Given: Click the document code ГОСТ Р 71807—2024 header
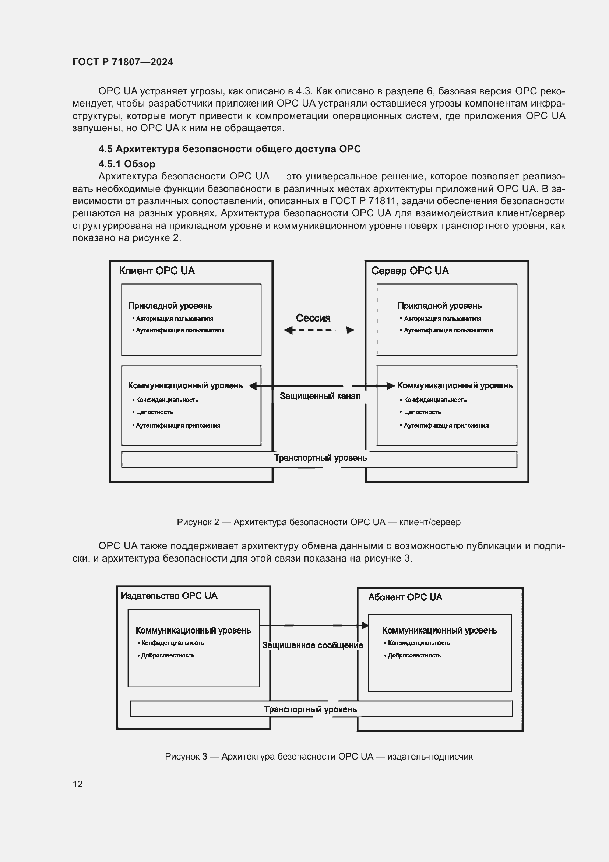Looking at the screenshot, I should click(123, 62).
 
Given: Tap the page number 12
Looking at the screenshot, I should click(78, 784).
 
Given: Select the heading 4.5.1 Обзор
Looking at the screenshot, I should click(127, 164).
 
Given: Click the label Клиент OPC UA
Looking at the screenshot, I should click(157, 271).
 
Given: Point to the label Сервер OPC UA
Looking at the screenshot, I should click(410, 271).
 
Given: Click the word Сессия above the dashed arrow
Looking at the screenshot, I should click(313, 318).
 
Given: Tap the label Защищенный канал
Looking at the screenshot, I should click(320, 396).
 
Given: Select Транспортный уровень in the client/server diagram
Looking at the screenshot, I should click(320, 458).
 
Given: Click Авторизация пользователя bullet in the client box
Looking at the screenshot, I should click(175, 319).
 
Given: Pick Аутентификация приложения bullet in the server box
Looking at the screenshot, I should click(446, 426).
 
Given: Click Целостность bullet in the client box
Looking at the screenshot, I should click(154, 412).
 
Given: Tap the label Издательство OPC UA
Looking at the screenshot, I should click(169, 596).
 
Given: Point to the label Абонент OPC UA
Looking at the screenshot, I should click(405, 597).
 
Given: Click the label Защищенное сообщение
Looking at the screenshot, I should click(312, 645).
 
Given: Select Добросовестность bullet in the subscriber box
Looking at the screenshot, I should click(414, 656).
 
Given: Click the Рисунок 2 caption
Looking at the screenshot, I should click(318, 522).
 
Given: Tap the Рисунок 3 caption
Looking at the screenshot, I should click(318, 757).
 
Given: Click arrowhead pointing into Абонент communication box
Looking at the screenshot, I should click(365, 625).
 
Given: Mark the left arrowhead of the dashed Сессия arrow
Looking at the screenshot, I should click(288, 330).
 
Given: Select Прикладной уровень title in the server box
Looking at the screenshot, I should click(440, 306).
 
